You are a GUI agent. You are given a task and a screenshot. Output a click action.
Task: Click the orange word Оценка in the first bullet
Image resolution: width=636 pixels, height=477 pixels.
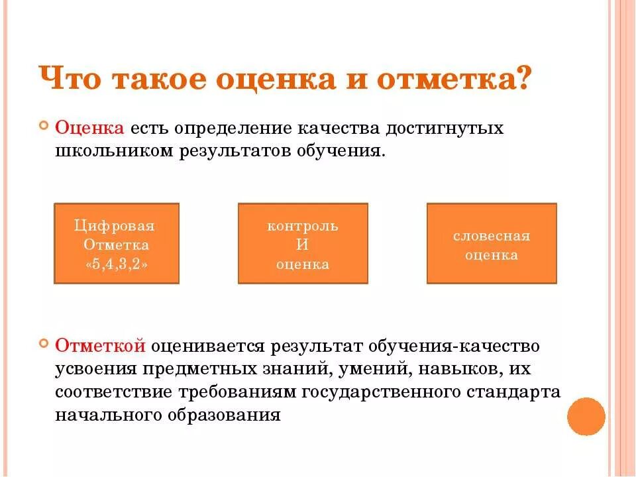tap(89, 127)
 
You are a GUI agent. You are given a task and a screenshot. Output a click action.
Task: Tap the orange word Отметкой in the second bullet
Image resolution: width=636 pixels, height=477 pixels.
tap(100, 345)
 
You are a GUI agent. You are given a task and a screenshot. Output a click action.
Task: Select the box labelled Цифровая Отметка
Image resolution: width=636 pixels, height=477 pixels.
tap(116, 243)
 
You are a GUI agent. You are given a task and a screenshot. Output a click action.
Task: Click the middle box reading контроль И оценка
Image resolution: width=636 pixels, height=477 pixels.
tap(303, 243)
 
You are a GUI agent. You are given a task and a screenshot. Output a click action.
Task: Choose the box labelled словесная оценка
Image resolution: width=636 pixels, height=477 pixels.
tap(492, 243)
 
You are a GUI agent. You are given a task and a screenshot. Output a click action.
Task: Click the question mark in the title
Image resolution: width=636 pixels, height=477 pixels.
tap(521, 79)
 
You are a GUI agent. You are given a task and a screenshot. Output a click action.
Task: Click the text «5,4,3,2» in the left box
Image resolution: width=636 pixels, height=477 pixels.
tap(116, 264)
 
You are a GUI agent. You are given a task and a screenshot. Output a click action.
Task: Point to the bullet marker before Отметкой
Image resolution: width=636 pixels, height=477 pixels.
tap(44, 344)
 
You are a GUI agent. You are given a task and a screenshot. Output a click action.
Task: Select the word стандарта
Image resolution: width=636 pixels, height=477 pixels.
tap(517, 392)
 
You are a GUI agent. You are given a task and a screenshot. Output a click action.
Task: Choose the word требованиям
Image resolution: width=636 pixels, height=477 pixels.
tap(240, 392)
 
